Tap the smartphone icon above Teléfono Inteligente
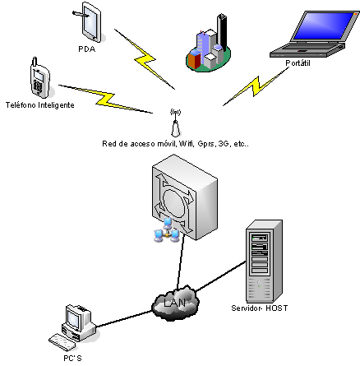point(40,78)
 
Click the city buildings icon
point(209,44)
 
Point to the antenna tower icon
point(176,123)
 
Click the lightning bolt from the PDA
point(145,59)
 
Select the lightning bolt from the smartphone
point(106,100)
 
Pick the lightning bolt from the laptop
point(256,86)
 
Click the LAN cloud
point(175,303)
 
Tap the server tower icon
point(264,261)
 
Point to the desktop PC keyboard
point(62,341)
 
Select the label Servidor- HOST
point(260,308)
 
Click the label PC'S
point(72,358)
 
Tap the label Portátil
point(298,63)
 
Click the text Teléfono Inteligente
point(40,105)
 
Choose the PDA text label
point(87,49)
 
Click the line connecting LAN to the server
point(221,276)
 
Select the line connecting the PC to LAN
point(124,318)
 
